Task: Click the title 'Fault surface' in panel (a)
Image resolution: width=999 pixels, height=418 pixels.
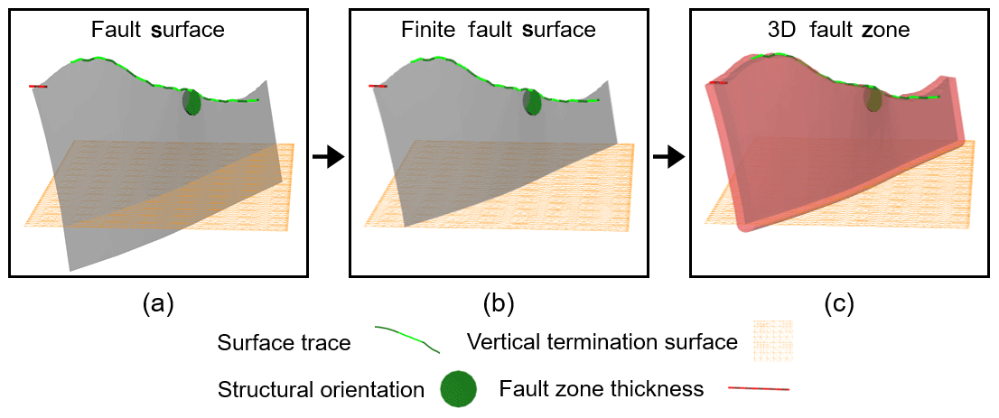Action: [158, 30]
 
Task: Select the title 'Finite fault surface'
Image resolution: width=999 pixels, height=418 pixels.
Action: [499, 30]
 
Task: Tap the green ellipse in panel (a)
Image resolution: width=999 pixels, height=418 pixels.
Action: [191, 102]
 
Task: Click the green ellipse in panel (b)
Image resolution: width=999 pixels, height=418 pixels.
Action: [532, 102]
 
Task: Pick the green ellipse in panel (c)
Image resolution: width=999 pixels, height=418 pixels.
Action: [873, 99]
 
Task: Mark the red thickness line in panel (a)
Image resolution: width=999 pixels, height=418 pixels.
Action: [38, 87]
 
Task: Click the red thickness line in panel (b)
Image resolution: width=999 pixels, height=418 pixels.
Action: [378, 87]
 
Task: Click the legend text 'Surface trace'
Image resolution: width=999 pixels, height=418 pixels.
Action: [284, 343]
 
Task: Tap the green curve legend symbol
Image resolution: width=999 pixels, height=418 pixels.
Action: [406, 339]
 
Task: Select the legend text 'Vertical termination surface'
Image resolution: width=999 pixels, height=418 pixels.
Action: [602, 343]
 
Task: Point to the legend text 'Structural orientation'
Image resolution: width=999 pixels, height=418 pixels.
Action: [321, 390]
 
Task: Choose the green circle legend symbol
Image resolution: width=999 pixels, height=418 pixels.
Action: [460, 389]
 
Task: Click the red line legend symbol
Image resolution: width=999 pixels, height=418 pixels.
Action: [758, 389]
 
